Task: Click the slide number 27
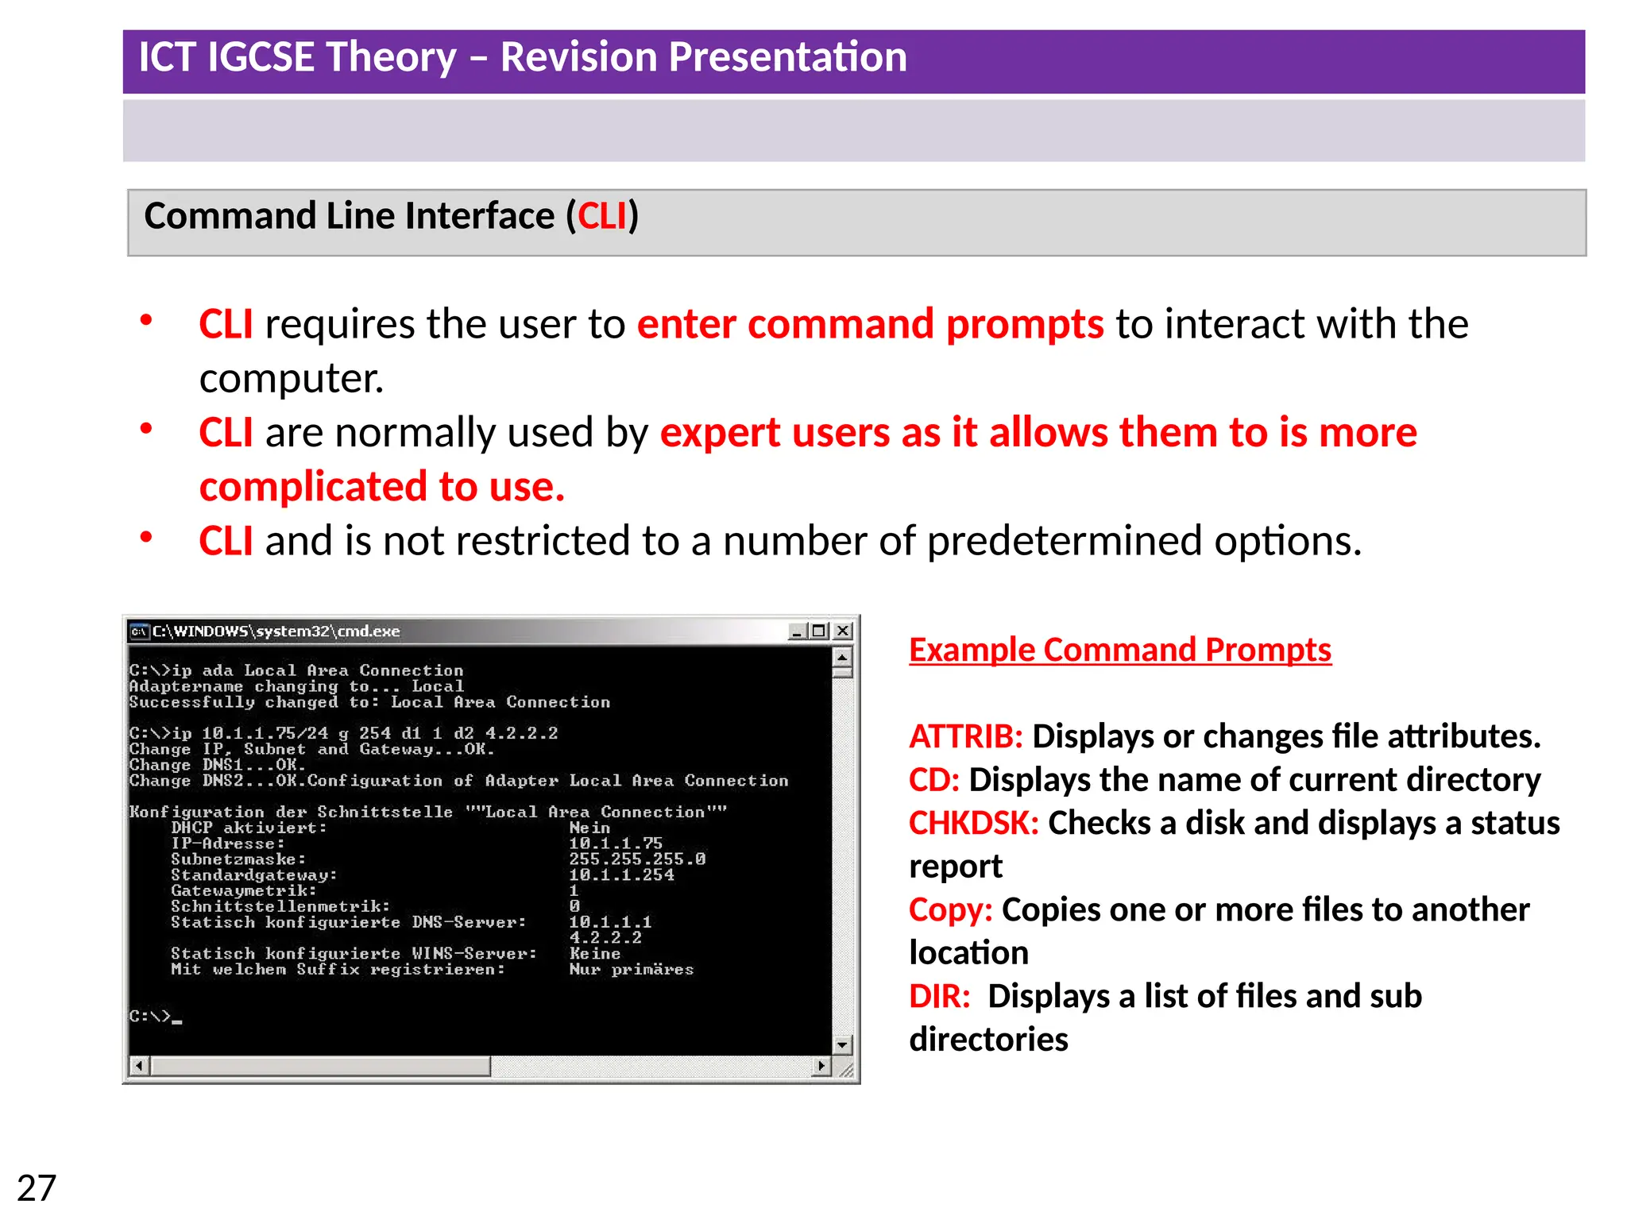coord(37,1188)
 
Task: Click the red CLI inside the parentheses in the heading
coord(602,216)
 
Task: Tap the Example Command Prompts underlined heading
coord(1119,650)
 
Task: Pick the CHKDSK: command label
coord(973,823)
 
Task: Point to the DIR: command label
coord(939,996)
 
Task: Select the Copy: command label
coord(950,909)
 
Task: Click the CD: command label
coord(933,780)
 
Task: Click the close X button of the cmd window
coord(843,631)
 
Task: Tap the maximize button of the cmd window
coord(819,631)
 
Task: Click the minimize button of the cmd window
coord(798,631)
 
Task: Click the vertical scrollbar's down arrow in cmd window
coord(842,1044)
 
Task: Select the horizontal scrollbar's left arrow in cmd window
coord(139,1066)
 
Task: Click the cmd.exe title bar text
coord(276,631)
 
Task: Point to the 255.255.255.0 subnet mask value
coord(637,859)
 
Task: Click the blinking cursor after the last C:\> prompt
coord(177,1021)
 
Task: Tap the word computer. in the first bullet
coord(291,378)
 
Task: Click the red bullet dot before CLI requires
coord(146,321)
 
